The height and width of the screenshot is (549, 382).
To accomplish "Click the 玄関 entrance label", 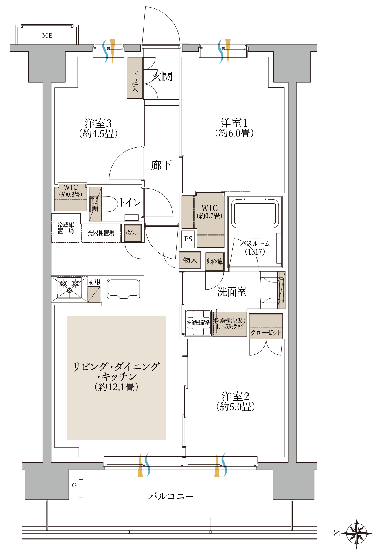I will click(162, 77).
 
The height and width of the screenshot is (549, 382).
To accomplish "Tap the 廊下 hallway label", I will click(161, 165).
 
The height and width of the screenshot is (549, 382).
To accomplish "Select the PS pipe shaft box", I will click(188, 239).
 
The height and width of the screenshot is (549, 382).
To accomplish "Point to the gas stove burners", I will click(69, 287).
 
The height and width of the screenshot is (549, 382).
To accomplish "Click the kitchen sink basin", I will click(124, 289).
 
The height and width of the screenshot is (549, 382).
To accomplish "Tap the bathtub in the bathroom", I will click(255, 213).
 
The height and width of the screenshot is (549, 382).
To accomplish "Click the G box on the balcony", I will click(74, 485).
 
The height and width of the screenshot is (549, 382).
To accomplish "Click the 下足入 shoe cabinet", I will click(135, 82).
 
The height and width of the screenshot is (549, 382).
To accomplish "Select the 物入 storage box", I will click(190, 260).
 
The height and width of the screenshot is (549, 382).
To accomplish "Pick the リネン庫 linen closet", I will click(214, 261).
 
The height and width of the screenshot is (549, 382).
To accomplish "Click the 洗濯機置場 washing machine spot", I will click(198, 323).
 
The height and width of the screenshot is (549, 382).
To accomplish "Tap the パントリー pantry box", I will click(133, 233).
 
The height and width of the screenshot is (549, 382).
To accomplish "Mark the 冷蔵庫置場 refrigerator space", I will click(66, 228).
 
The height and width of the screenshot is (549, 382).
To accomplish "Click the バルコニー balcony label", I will click(171, 496).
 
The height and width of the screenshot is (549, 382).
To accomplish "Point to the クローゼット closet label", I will click(266, 332).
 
